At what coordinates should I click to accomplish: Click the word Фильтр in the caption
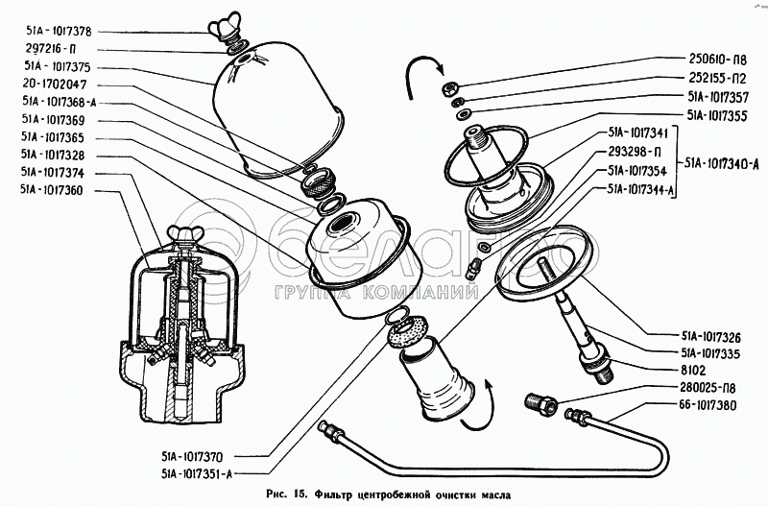pyautogui.click(x=343, y=494)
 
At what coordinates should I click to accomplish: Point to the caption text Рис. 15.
pyautogui.click(x=286, y=494)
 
